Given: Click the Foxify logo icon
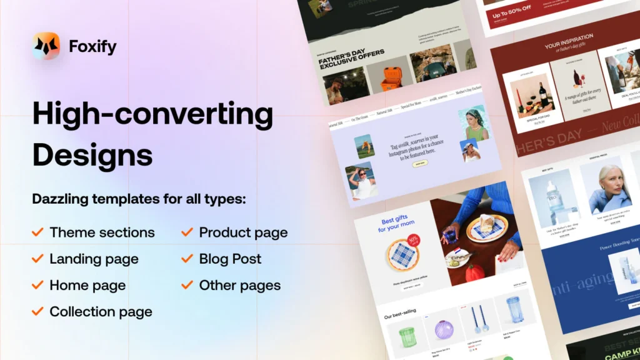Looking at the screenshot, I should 46,46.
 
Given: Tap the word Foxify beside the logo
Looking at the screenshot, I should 92,47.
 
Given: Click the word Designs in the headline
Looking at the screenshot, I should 92,154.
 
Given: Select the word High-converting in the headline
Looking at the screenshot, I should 152,114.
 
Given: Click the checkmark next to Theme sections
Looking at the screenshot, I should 37,232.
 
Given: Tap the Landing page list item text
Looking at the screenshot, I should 94,259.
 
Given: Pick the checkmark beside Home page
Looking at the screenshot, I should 37,286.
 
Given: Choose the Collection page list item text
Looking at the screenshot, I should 101,311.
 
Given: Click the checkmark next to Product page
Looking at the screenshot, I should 187,232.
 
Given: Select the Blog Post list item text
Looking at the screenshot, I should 230,259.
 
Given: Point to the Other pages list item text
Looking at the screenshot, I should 239,286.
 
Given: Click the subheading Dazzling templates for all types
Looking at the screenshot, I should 139,199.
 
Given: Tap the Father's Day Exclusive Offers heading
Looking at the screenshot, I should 352,58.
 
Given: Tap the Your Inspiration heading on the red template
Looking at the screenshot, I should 569,41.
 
